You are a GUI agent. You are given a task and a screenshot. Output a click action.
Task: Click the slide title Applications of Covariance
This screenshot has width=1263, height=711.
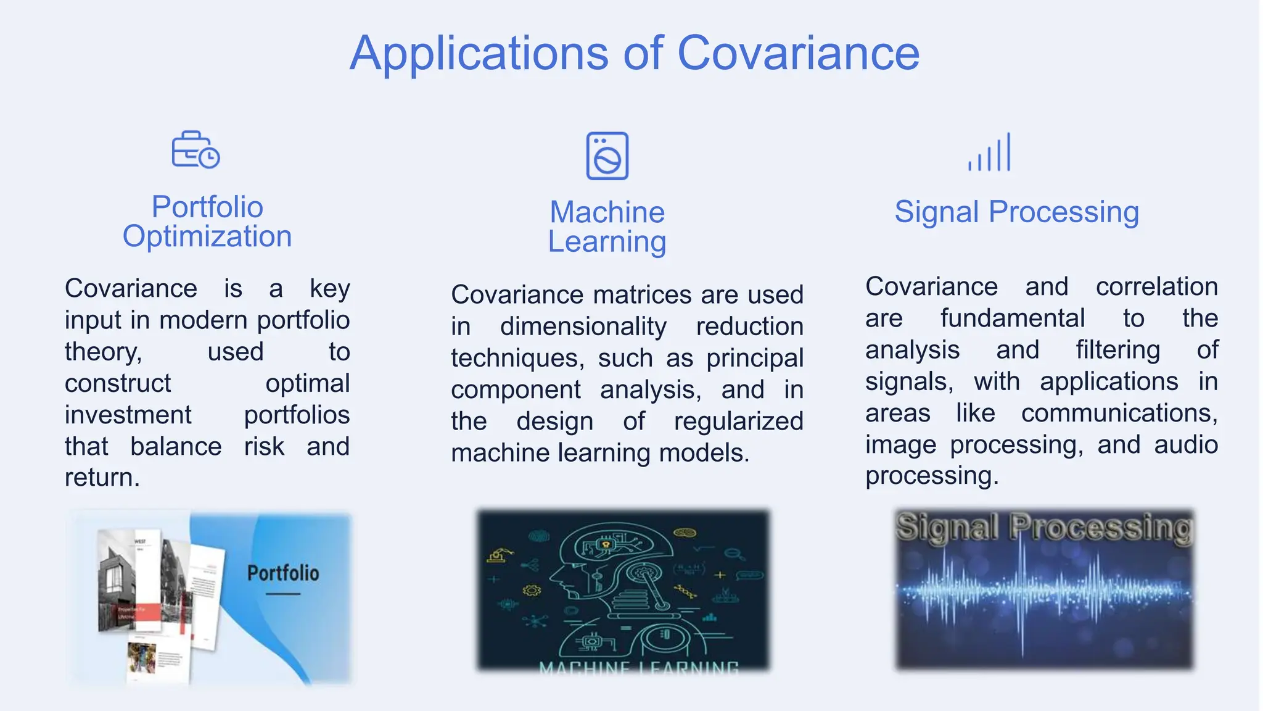tap(635, 54)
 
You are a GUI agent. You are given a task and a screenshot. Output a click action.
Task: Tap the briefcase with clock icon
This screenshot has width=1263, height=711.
tap(195, 150)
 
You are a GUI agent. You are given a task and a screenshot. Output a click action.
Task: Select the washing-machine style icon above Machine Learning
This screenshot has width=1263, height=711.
tap(607, 156)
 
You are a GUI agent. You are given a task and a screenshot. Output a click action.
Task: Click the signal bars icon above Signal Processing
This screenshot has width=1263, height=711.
tap(990, 152)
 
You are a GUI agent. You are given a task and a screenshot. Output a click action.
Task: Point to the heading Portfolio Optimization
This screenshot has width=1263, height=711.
tap(207, 222)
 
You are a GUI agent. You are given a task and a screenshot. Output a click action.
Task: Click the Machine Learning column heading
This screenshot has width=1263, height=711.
tap(607, 227)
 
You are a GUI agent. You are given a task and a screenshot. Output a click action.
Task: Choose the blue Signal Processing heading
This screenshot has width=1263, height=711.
tap(1016, 212)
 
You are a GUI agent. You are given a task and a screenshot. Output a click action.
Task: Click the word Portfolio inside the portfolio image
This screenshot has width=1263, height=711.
tap(283, 573)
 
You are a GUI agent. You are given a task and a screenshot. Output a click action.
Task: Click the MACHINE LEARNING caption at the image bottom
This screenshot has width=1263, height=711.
tap(638, 667)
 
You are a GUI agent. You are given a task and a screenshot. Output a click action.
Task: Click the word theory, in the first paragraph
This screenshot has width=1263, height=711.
tap(103, 352)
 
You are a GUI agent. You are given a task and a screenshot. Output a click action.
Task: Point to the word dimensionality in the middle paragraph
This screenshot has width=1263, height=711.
tap(583, 326)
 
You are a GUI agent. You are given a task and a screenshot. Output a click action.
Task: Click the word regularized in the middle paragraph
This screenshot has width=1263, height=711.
tap(738, 422)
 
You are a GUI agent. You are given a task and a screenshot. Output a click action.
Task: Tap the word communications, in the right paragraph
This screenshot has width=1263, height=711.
tap(1119, 413)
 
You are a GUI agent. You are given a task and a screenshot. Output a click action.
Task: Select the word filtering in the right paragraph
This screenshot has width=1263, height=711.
tap(1117, 350)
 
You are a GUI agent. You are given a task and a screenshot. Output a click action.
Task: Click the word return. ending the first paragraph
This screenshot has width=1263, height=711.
tap(102, 478)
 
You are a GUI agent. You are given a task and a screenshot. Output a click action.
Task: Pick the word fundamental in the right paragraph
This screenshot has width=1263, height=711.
tap(1012, 318)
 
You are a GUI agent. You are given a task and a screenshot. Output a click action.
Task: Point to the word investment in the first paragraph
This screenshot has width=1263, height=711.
tap(128, 415)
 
